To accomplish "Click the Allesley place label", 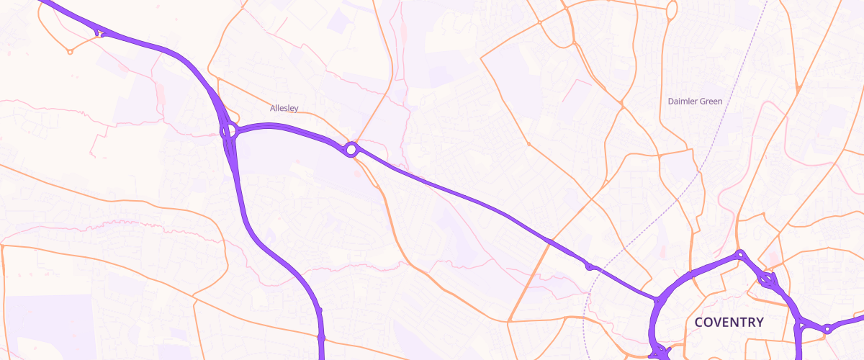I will pyautogui.click(x=284, y=108).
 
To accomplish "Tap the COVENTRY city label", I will pyautogui.click(x=729, y=322).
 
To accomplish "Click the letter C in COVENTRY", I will pyautogui.click(x=699, y=322).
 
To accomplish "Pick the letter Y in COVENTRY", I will pyautogui.click(x=759, y=322).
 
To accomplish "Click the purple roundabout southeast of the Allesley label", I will pyautogui.click(x=351, y=149).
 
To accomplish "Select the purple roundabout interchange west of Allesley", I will pyautogui.click(x=229, y=132).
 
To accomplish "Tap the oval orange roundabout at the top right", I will pyautogui.click(x=672, y=10).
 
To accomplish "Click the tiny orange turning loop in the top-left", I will pyautogui.click(x=70, y=52).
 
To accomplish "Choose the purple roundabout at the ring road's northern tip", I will pyautogui.click(x=740, y=254).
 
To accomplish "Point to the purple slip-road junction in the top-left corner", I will pyautogui.click(x=99, y=32).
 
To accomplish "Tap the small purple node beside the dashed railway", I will pyautogui.click(x=590, y=267).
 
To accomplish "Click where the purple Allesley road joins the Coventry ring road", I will pyautogui.click(x=657, y=300).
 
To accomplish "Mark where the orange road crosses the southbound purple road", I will pyautogui.click(x=321, y=337).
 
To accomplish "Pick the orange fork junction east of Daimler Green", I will pyautogui.click(x=798, y=89).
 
